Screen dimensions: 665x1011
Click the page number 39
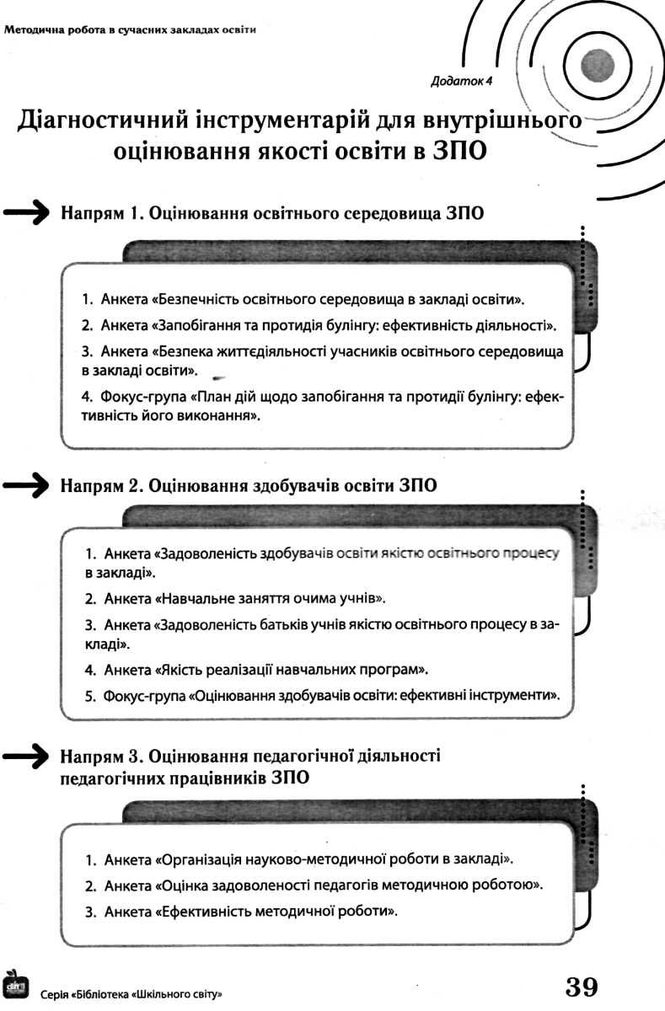(x=582, y=986)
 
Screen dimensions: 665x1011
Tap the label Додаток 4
(x=461, y=81)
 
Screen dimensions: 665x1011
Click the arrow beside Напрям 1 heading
(x=25, y=212)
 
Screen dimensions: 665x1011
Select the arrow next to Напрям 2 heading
(x=25, y=485)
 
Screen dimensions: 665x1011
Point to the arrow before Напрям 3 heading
(x=25, y=757)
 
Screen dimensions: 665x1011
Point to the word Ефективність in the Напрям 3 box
(x=204, y=912)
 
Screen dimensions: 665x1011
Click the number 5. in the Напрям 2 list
(x=91, y=697)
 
